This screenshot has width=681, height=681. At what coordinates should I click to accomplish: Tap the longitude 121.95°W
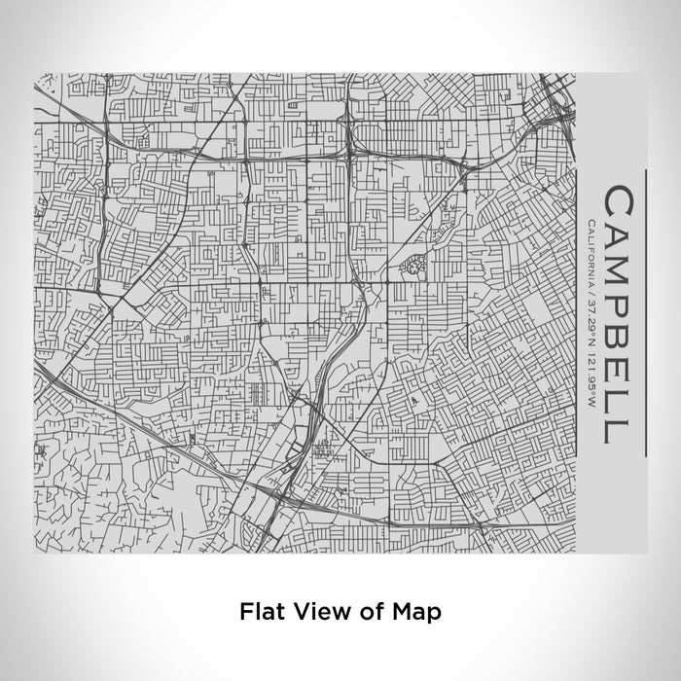tap(591, 379)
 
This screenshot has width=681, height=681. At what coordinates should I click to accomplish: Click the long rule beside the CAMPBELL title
tap(644, 311)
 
